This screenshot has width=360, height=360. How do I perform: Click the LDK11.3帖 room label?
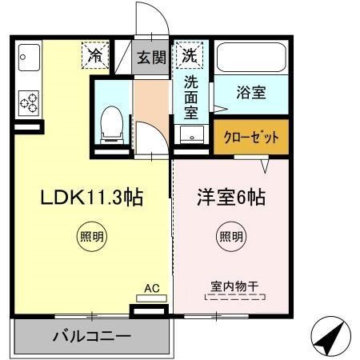coord(91,198)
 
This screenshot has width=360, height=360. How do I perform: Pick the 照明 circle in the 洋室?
coord(232,236)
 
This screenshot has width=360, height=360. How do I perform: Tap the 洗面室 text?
coord(191,94)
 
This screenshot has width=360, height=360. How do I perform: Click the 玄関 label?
coord(151,58)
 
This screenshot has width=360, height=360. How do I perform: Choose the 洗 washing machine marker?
coord(190,56)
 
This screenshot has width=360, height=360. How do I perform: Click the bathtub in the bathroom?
coord(250,58)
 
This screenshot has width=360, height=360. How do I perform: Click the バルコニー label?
coord(92,336)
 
